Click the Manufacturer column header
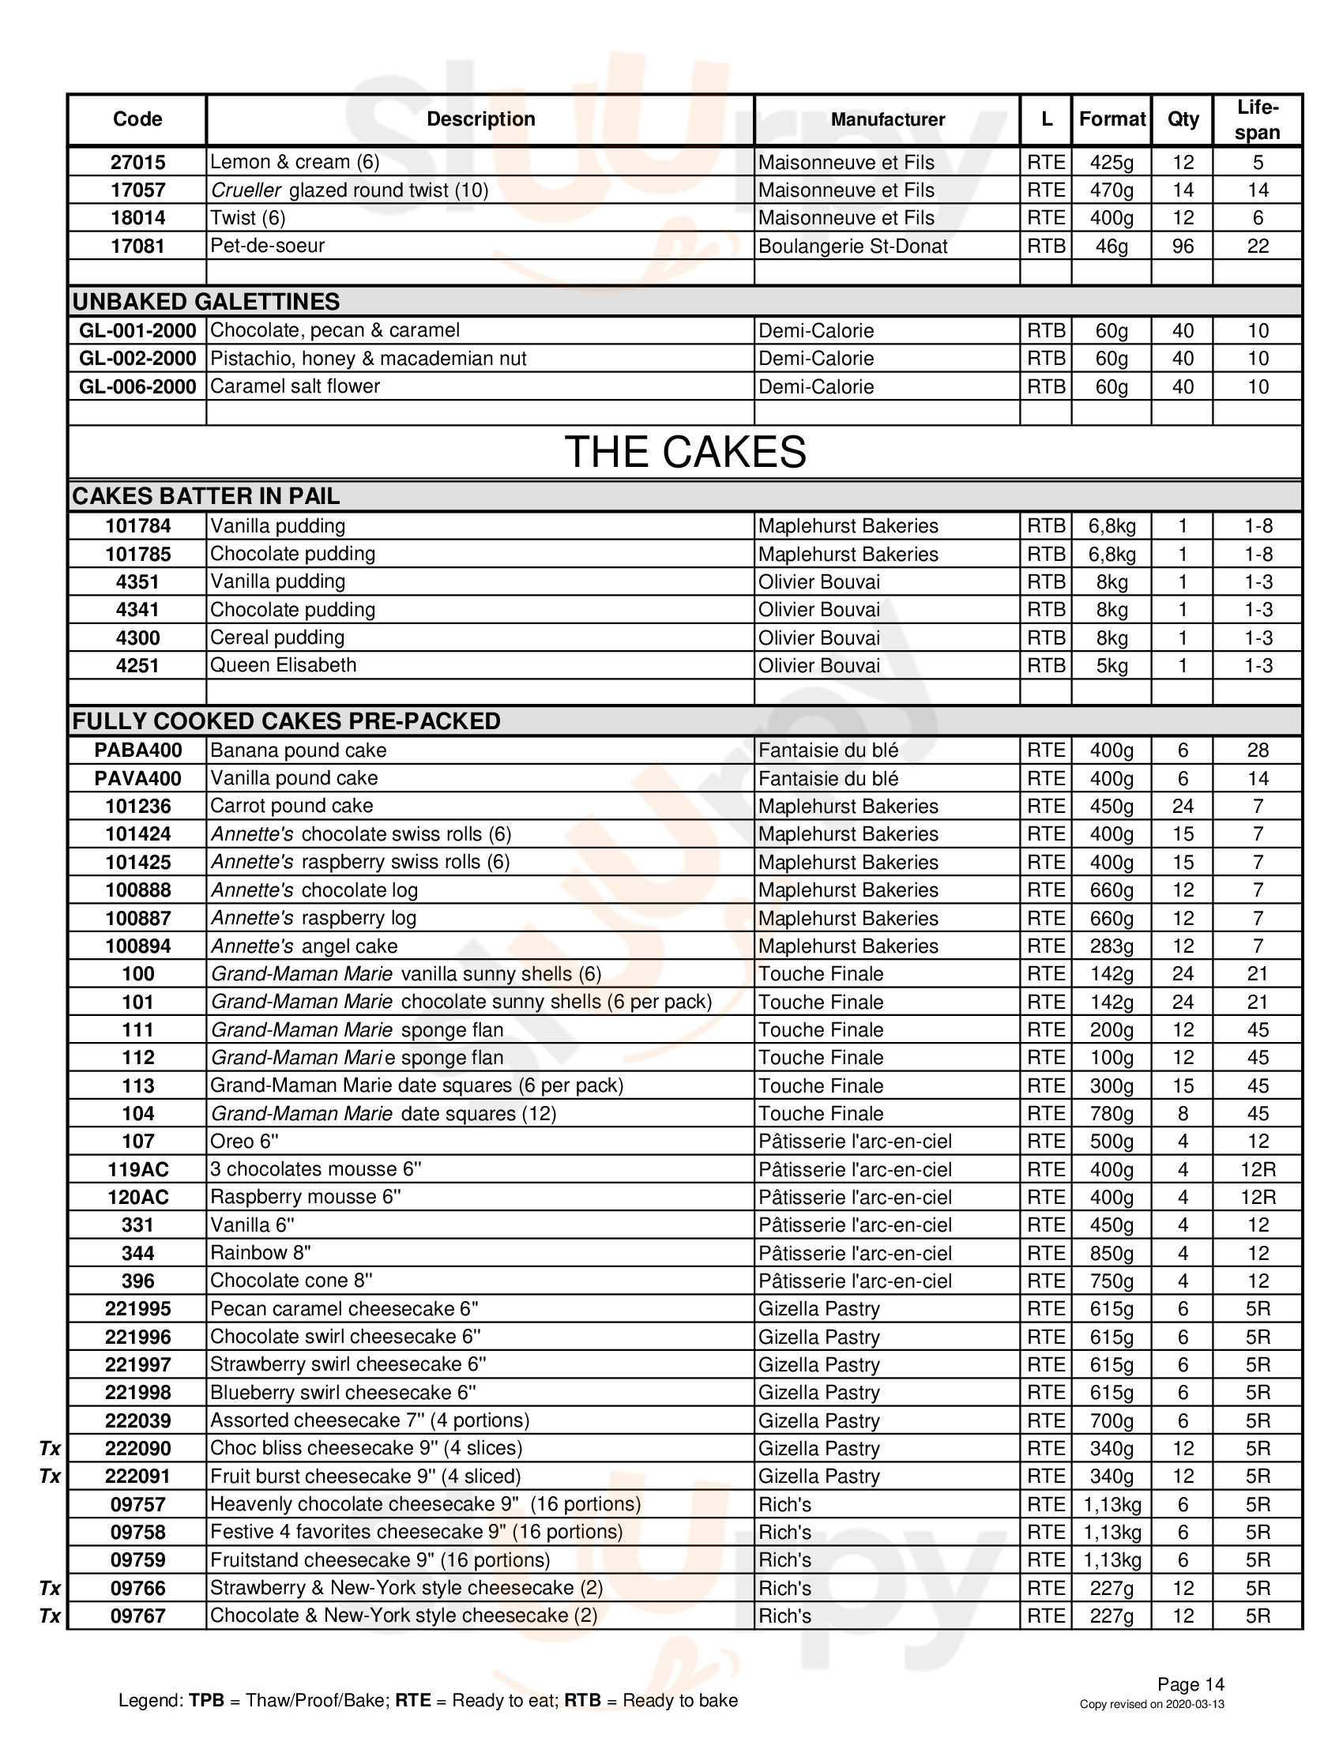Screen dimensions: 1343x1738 point(887,119)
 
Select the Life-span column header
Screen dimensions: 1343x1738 point(1257,119)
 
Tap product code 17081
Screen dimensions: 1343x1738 point(137,246)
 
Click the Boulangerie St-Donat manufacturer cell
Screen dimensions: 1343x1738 point(852,246)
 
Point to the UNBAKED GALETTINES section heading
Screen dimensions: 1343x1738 point(206,302)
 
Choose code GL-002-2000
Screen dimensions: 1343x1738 point(137,359)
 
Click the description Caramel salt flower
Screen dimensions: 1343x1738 point(295,387)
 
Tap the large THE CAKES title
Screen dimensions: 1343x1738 point(685,452)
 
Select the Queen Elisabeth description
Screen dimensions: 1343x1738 point(284,665)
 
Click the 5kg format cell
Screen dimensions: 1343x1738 point(1112,666)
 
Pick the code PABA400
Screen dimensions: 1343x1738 point(137,750)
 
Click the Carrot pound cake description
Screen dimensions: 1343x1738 point(292,806)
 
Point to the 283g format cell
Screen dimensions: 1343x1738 point(1112,946)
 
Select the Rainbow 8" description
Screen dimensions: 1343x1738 point(261,1254)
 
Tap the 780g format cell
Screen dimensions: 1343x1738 point(1112,1114)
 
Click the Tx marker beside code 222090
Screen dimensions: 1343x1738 point(50,1448)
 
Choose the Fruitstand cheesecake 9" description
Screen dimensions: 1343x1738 point(380,1559)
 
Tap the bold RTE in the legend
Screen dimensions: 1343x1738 point(413,1701)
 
